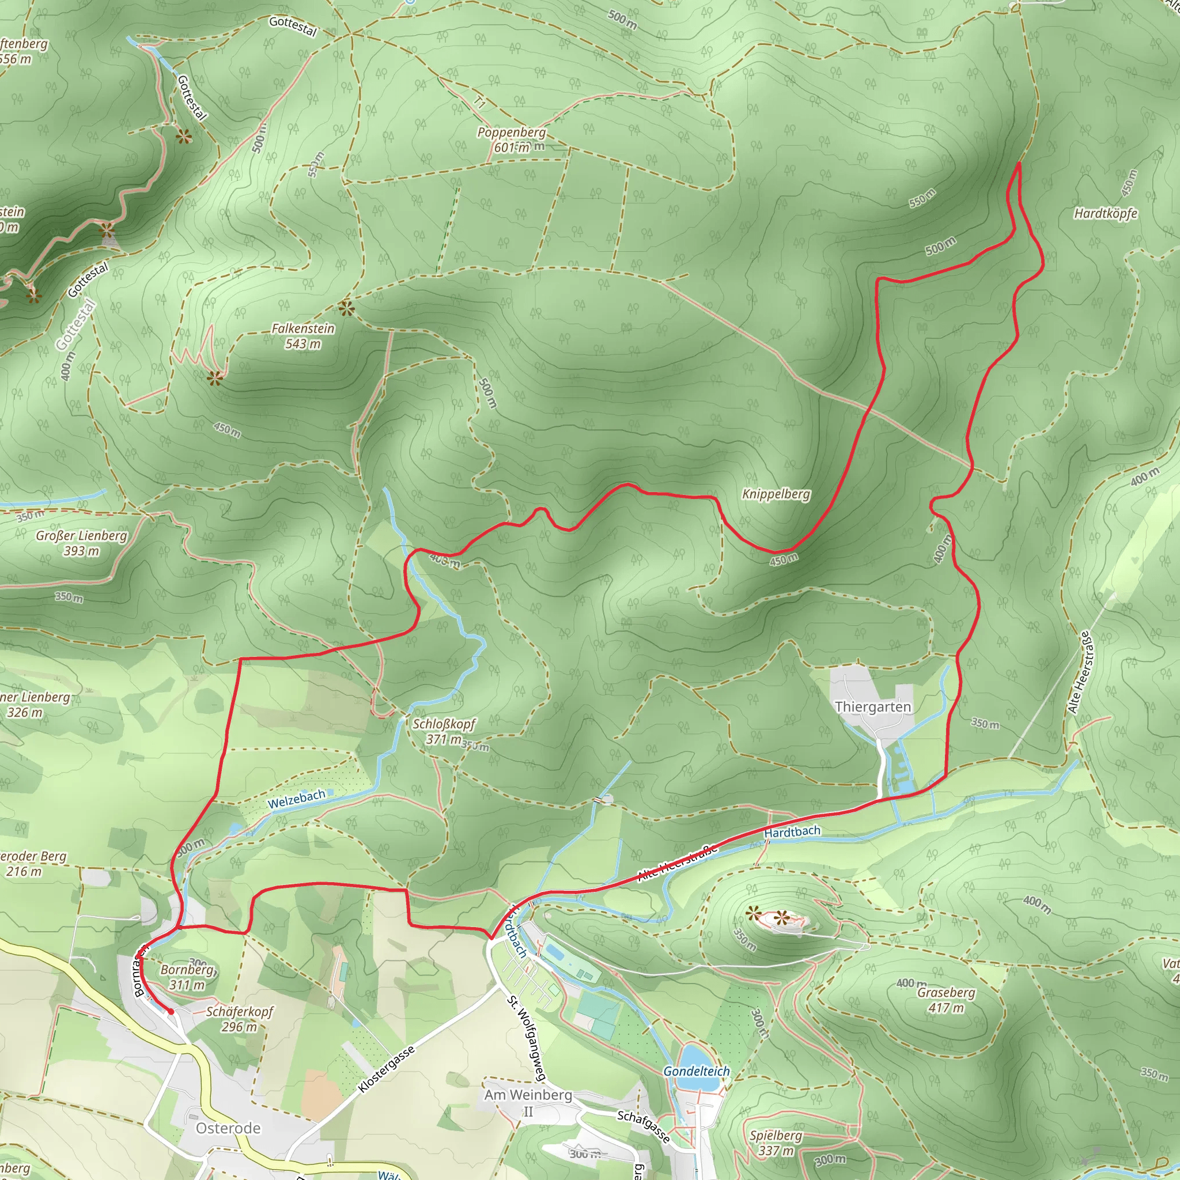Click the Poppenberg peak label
[511, 139]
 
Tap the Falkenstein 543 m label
[303, 336]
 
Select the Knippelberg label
[776, 494]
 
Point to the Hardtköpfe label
[1106, 213]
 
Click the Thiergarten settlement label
[872, 706]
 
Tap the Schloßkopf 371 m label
[444, 731]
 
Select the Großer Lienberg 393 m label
[81, 542]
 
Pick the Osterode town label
[228, 1128]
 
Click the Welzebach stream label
[296, 799]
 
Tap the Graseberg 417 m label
[946, 1000]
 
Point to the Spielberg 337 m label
[776, 1143]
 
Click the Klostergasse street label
[387, 1069]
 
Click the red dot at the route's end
[171, 1011]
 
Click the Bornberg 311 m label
[187, 977]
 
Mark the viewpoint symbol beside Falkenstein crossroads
[346, 308]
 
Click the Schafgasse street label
[644, 1126]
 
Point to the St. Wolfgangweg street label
[526, 1038]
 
